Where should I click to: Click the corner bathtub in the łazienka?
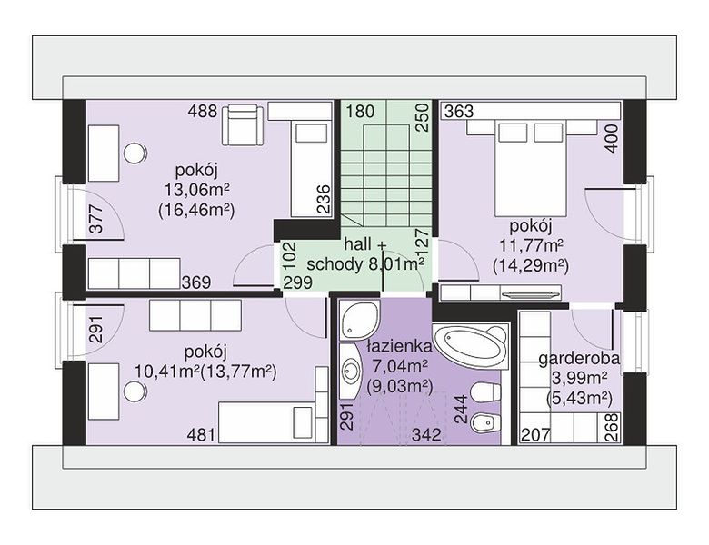coord(471,345)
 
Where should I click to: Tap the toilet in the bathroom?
coord(485,392)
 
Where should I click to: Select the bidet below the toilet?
coord(485,423)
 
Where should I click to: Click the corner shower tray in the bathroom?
coord(359,320)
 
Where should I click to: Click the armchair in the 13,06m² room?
coord(242,124)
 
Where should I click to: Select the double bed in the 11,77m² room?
coord(531,167)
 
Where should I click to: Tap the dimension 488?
coord(203,111)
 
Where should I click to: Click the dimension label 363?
coord(459,111)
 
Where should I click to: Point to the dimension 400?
coord(612,139)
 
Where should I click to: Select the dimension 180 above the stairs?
coord(360,111)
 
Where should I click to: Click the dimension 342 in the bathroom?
coord(426,435)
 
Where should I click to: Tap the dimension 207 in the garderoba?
coord(535,435)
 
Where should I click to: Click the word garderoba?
coord(579,359)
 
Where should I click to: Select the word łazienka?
coord(399,347)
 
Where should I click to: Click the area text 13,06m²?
coord(196,190)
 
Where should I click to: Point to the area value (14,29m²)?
coord(531,266)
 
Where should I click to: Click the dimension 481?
coord(201,435)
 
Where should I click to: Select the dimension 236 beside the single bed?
coord(324,199)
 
